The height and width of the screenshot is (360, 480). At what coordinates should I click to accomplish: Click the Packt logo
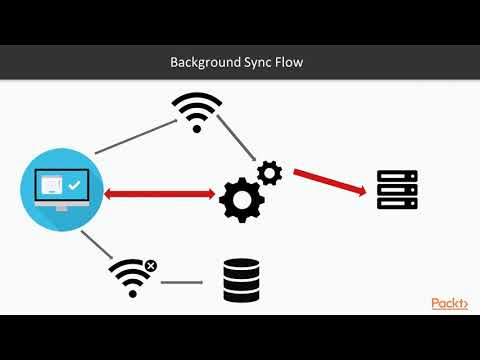click(x=449, y=304)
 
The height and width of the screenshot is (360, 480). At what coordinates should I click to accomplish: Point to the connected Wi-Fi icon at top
click(x=196, y=111)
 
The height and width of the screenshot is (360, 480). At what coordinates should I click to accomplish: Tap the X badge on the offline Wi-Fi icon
click(x=150, y=266)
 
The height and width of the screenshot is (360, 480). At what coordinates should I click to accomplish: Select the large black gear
click(x=240, y=199)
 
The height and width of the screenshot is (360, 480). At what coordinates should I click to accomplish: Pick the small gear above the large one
click(x=269, y=173)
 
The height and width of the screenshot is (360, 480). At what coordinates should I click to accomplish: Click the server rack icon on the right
click(x=396, y=190)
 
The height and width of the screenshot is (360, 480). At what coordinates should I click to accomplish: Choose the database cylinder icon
click(x=240, y=281)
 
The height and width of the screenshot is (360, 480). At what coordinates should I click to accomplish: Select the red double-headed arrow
click(x=160, y=193)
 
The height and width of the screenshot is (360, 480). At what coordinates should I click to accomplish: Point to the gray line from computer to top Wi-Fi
click(x=133, y=135)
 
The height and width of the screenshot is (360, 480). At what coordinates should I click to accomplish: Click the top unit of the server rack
click(x=396, y=176)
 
